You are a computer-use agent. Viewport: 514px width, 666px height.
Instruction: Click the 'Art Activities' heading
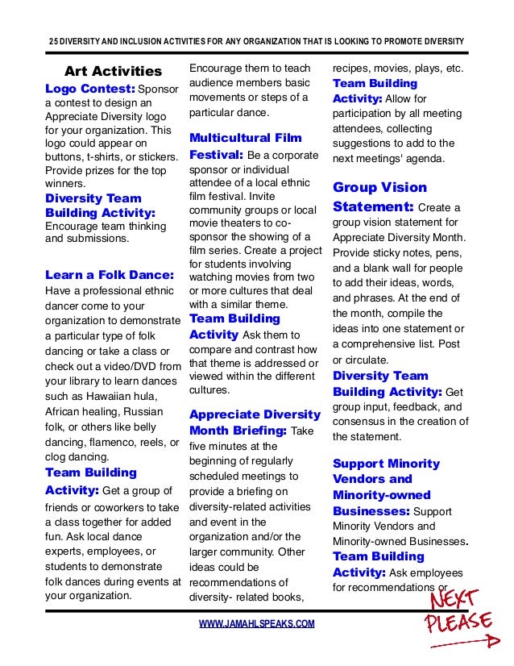(113, 72)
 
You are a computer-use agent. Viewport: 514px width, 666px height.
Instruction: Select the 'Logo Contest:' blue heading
(90, 88)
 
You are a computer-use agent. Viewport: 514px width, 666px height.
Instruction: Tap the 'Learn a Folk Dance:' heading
(110, 274)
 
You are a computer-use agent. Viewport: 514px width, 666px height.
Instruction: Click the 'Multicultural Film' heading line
(246, 138)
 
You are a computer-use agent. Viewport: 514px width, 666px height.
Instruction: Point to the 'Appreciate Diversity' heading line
(255, 415)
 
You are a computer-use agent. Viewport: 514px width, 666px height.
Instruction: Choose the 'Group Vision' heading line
(379, 188)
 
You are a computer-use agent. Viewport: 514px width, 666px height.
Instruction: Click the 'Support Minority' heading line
(386, 464)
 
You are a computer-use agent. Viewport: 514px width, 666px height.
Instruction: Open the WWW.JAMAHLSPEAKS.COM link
(256, 624)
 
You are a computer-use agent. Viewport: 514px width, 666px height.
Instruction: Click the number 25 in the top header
(45, 42)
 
